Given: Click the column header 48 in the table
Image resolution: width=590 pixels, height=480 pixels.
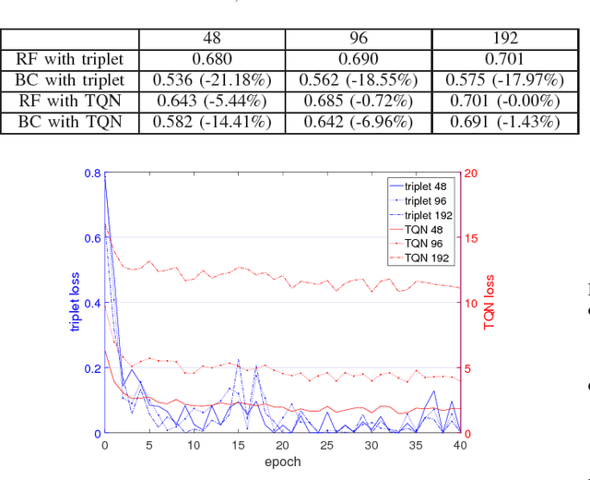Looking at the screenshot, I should [x=211, y=39].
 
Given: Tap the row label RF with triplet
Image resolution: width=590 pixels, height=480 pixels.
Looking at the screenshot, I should [x=70, y=59].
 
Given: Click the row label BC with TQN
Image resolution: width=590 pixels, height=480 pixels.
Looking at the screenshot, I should [x=70, y=120].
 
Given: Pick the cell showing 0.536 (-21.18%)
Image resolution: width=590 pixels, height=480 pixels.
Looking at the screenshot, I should [x=211, y=79].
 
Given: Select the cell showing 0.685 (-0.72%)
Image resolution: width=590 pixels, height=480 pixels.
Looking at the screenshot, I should [x=358, y=100].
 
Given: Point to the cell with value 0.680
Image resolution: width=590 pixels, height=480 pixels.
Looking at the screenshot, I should [x=211, y=59].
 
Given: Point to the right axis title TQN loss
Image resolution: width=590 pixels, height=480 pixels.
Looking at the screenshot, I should [x=490, y=303].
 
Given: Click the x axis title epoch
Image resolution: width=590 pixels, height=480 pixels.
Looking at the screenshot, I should [x=282, y=462].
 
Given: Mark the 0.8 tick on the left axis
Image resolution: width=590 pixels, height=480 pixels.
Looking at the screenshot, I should [x=92, y=174].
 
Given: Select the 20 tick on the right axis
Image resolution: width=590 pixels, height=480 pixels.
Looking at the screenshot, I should [x=470, y=174].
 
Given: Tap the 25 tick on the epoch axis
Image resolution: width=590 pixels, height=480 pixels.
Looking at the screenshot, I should [x=326, y=445].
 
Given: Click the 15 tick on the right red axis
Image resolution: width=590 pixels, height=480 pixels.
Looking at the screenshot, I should [x=470, y=238].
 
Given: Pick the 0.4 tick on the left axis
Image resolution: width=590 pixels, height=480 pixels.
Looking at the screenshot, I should [x=92, y=303].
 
